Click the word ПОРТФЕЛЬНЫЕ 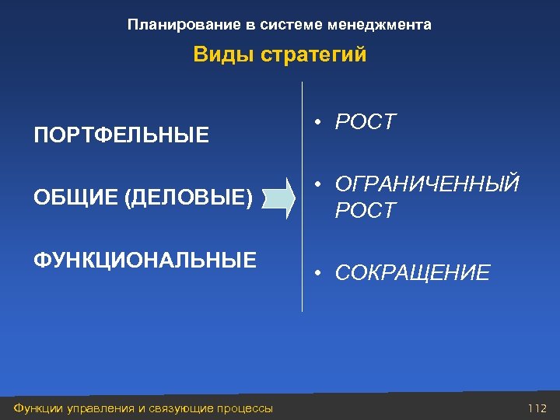121,136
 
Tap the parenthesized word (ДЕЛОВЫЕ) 187,198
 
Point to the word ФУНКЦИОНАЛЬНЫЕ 145,260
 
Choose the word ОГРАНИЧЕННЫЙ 427,185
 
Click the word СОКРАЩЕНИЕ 412,273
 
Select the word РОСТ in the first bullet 365,122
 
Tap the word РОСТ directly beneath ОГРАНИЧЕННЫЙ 365,211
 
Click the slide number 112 537,408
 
